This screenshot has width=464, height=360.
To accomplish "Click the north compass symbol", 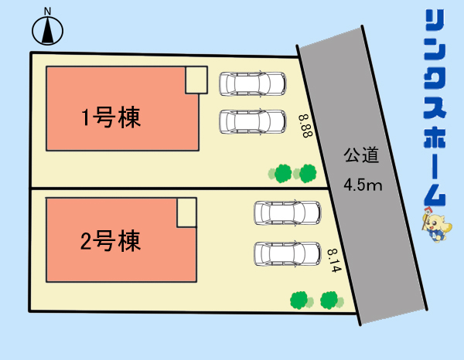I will click(x=48, y=32).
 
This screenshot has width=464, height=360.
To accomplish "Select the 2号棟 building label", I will click(x=111, y=243).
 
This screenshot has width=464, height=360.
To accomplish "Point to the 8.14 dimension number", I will click(x=334, y=261).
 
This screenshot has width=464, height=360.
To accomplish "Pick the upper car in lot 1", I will click(x=252, y=83).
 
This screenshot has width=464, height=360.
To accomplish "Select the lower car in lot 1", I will click(x=252, y=122).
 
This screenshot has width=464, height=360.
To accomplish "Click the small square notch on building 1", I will click(x=196, y=80).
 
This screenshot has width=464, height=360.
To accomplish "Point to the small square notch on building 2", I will click(x=187, y=212).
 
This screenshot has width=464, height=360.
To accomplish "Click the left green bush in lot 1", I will click(x=283, y=173).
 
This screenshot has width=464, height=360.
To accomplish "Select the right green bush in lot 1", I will click(x=307, y=172).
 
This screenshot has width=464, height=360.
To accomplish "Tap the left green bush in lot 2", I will click(x=299, y=299).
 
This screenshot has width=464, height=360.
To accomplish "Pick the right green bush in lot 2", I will click(x=330, y=299).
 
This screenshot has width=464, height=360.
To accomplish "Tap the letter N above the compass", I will click(x=48, y=11).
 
